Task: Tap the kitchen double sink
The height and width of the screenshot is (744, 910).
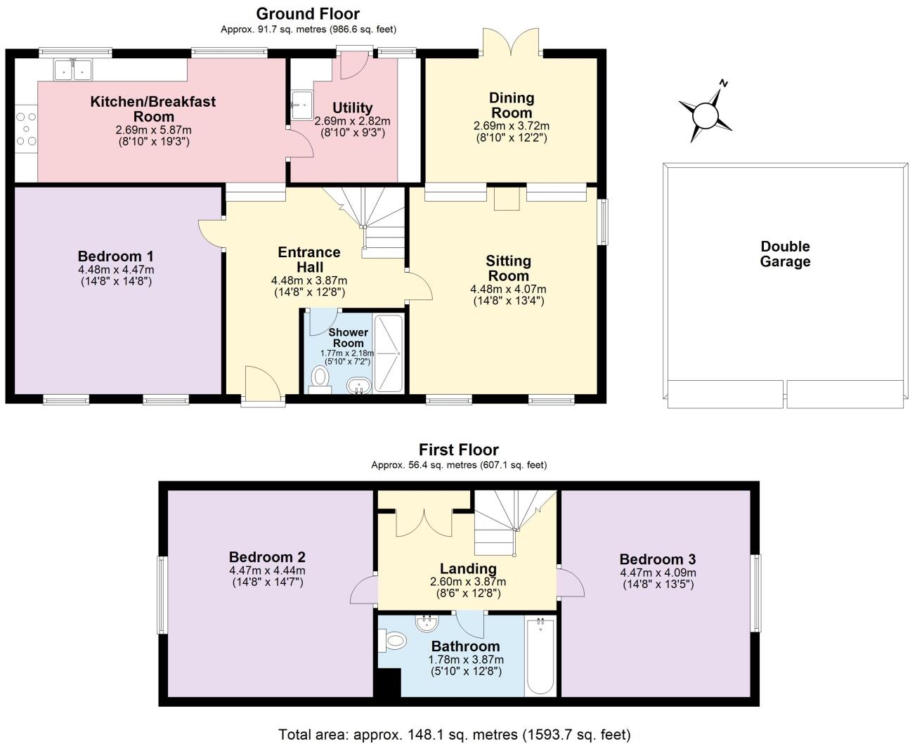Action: point(73,70)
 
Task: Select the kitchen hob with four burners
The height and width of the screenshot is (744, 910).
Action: point(26,129)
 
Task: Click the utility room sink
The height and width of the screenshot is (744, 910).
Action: point(301,105)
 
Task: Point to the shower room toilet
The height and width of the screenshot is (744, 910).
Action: point(320,379)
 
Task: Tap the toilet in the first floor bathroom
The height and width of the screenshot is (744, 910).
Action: point(393,640)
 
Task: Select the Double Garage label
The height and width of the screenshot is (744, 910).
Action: point(785,254)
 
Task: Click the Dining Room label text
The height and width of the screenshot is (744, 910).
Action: point(512,105)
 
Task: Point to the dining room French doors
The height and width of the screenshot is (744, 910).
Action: point(511,42)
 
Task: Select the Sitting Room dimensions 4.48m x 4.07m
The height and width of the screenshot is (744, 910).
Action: point(508,289)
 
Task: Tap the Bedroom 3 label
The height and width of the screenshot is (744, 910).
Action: point(658,559)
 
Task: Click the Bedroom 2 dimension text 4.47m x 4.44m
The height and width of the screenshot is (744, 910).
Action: point(267,570)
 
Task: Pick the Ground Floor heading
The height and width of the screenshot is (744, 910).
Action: point(308,14)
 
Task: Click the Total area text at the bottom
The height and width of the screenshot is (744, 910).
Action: point(455,734)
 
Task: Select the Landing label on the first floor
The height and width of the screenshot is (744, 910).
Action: point(468,569)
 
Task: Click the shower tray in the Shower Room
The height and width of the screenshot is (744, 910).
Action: point(389,353)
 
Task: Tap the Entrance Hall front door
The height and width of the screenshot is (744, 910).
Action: point(264,385)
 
